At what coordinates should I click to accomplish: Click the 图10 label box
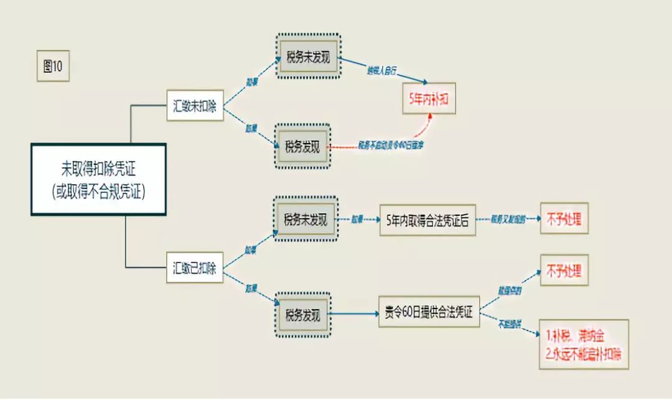[53, 67]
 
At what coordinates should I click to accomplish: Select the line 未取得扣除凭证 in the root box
[98, 169]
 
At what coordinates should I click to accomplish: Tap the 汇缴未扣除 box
[195, 106]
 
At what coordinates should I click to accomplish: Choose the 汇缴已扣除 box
[195, 269]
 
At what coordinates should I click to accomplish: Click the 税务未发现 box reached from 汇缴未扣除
[308, 58]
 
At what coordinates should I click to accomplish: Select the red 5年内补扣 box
[429, 98]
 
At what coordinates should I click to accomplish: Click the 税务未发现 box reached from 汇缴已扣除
[306, 220]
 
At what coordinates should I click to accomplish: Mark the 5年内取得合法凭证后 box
[427, 220]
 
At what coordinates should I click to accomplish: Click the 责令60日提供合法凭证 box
[429, 312]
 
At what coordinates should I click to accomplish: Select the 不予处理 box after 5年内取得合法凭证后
[564, 218]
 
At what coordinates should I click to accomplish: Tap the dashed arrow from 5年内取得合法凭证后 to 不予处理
[507, 220]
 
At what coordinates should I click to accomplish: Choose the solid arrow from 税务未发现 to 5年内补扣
[383, 70]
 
